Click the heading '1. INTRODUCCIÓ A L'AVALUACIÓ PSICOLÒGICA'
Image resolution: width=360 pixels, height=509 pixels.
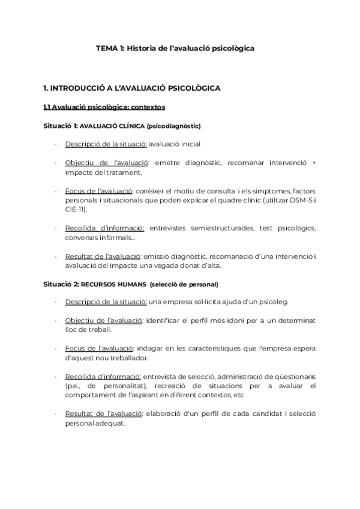coord(132,88)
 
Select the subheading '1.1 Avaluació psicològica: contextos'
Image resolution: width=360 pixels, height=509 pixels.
coord(104,107)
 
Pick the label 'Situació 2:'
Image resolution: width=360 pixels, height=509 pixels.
coord(61,283)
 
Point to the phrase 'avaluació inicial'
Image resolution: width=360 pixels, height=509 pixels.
coord(175,144)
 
